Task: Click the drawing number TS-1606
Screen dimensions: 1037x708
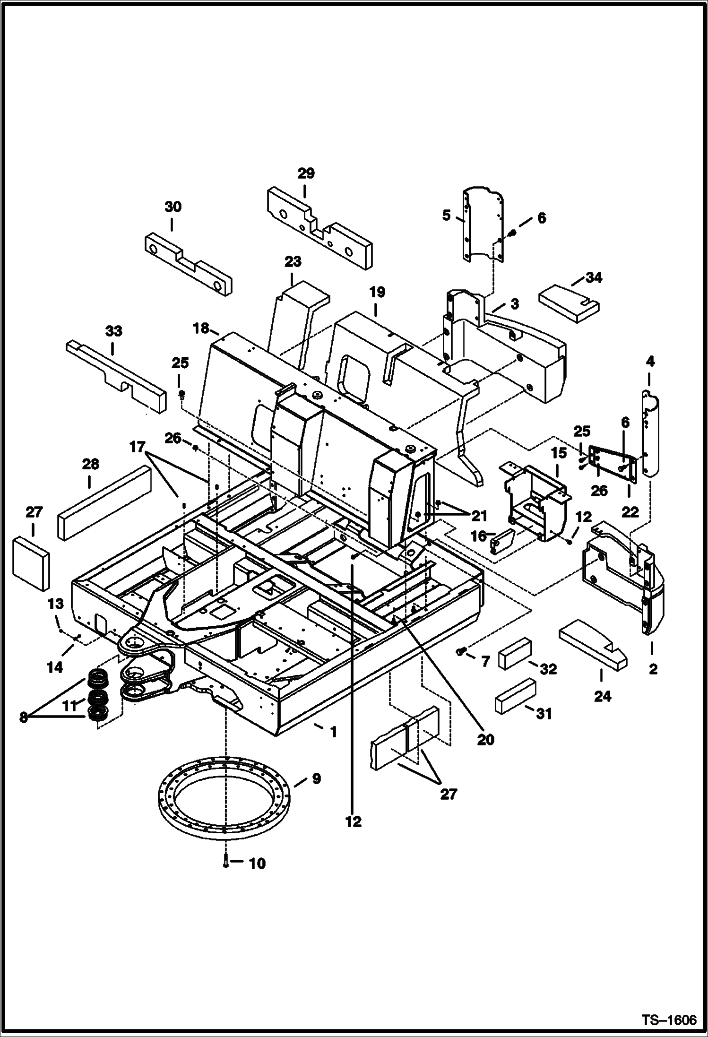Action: pos(669,1020)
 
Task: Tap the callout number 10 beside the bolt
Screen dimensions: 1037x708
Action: pos(257,864)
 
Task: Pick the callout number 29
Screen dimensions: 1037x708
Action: pos(306,173)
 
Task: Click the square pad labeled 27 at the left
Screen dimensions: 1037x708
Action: pos(31,563)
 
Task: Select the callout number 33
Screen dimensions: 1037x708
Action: pos(113,331)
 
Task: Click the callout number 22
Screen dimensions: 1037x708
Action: pos(630,511)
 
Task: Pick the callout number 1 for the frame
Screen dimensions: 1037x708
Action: pos(333,732)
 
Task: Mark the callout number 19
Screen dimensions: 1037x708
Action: pos(377,292)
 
